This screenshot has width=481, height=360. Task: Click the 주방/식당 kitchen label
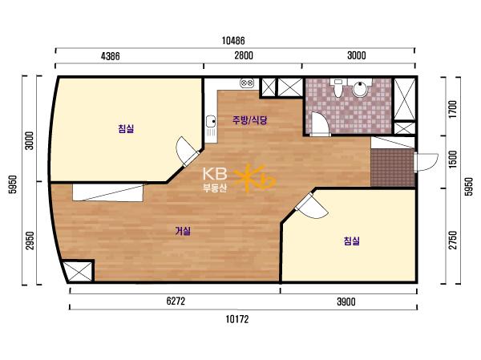pos(249,120)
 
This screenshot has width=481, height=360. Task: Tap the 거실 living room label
pos(183,231)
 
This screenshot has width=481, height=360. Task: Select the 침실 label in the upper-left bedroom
pos(126,128)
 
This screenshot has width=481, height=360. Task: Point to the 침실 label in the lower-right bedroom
pos(352,241)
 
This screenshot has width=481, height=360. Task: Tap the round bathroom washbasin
pos(359,88)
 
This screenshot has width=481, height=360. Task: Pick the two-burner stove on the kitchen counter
pos(247,83)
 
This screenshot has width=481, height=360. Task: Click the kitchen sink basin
pos(210,121)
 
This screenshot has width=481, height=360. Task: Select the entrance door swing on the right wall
pos(426,162)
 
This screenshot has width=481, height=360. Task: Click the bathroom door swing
pos(320,124)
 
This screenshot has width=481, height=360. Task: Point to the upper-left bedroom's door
pos(187,152)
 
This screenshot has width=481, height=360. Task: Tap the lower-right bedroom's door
pos(310,206)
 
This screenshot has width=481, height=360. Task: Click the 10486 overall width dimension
pos(233,40)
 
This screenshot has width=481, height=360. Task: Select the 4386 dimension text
pos(111,56)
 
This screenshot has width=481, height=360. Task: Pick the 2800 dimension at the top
pos(244,55)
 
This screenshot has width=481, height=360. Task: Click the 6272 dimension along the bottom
pos(176,301)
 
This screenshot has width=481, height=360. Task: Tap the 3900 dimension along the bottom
pos(346,301)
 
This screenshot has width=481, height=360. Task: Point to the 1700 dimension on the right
pos(453,110)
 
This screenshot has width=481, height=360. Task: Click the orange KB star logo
pos(255,178)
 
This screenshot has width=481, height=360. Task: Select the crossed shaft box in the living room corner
pos(79,271)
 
